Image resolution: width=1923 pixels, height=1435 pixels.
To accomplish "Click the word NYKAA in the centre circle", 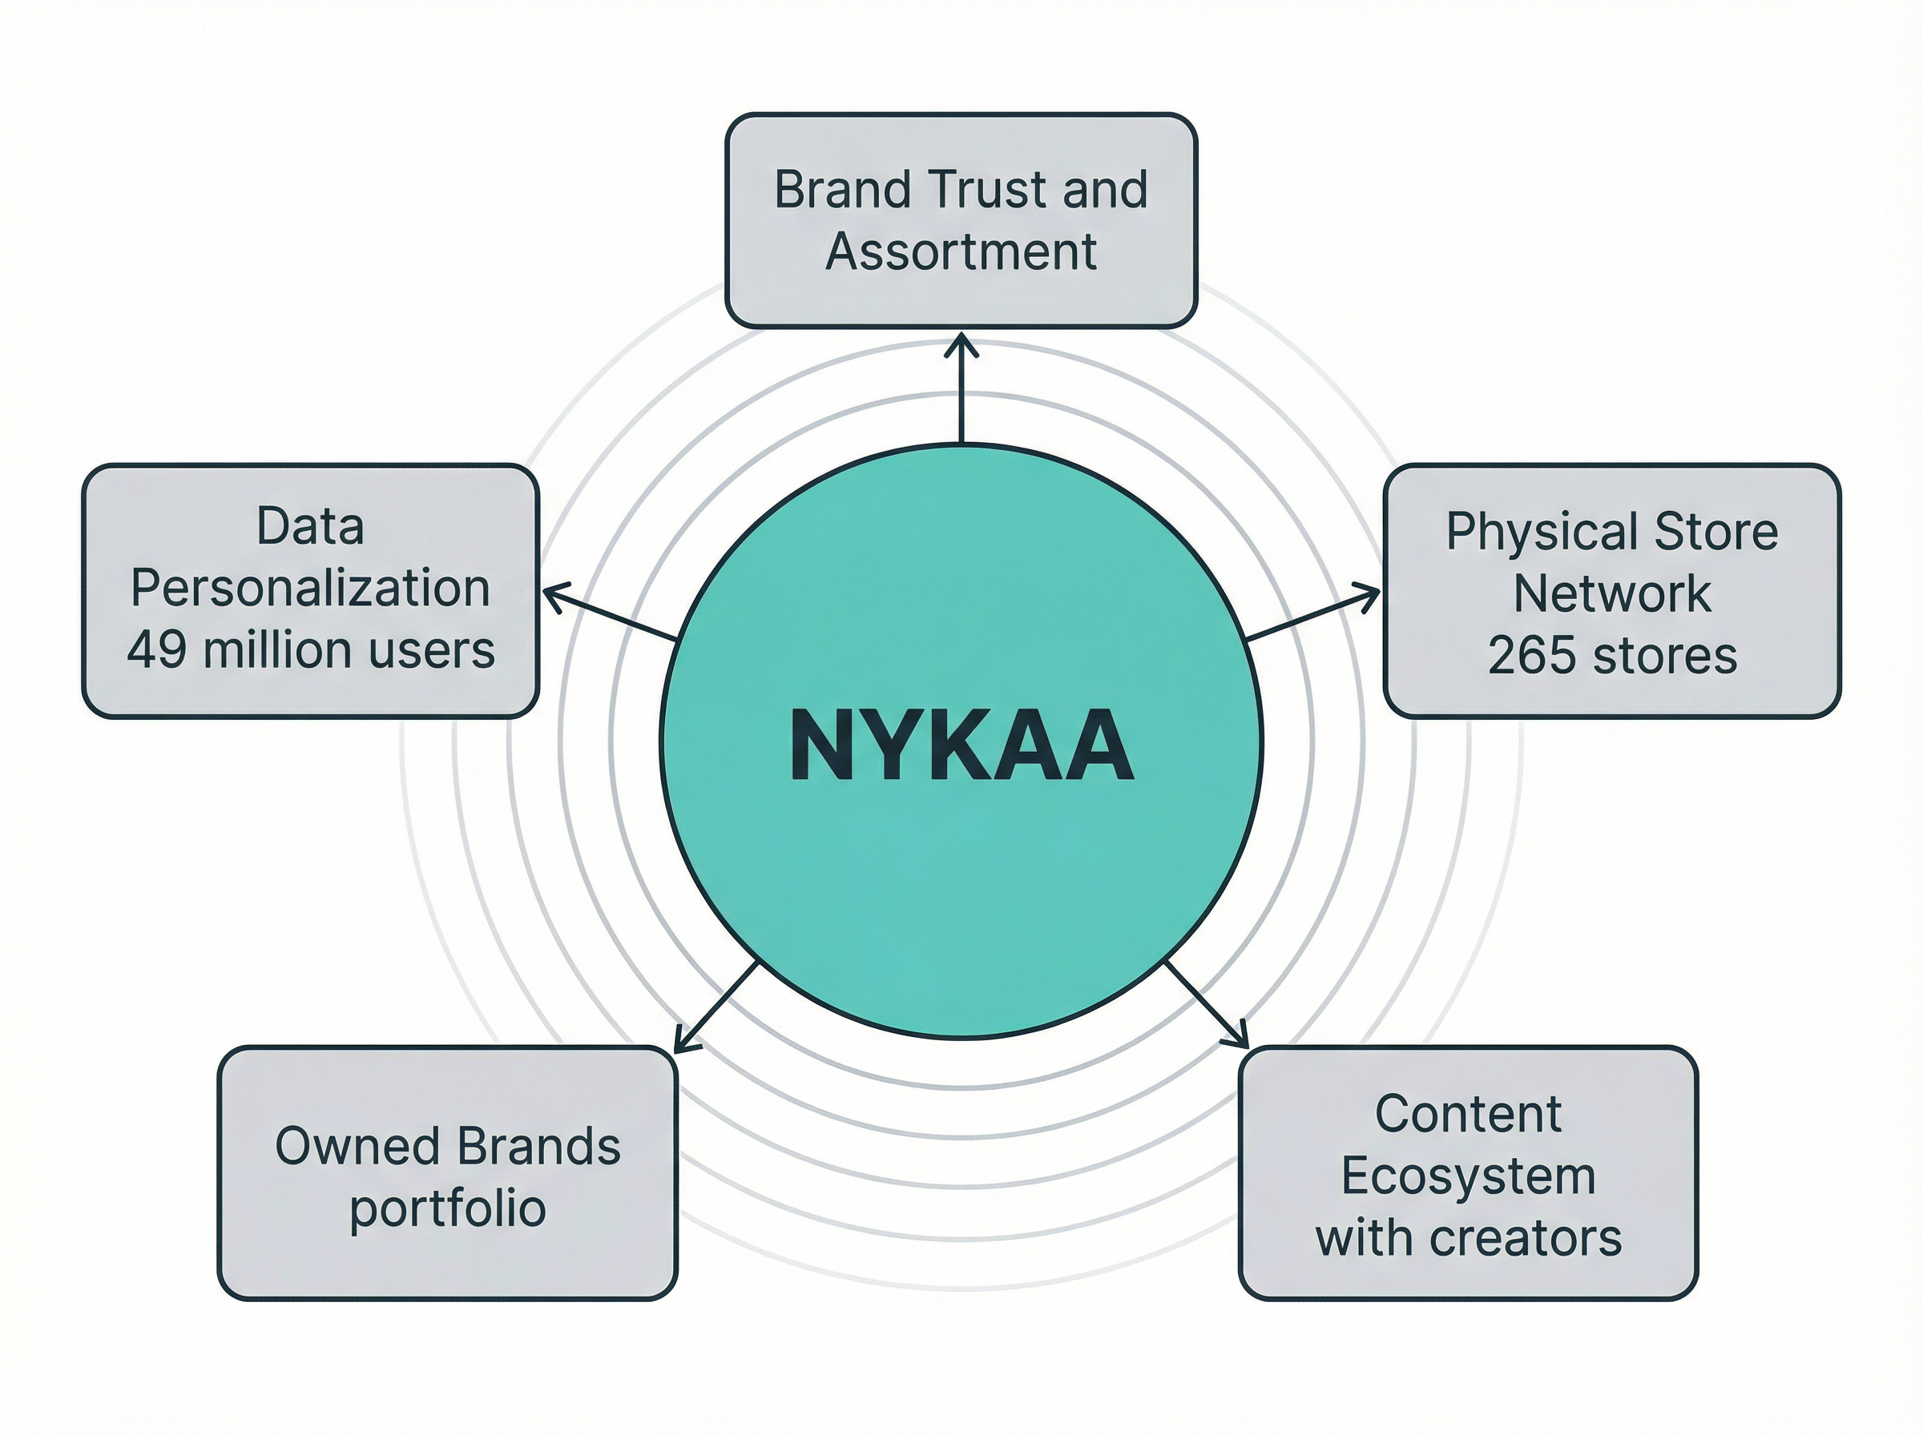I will tap(961, 746).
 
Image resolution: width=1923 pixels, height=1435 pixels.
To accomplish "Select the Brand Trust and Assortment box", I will tap(961, 221).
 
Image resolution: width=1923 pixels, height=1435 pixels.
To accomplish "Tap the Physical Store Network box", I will tap(1612, 592).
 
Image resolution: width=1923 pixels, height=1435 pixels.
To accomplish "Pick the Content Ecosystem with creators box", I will tap(1468, 1173).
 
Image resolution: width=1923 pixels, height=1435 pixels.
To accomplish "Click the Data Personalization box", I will tap(310, 591).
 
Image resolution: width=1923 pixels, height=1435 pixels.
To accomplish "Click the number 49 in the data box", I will tap(156, 649).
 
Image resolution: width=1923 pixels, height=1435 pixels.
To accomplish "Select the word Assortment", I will tap(961, 252).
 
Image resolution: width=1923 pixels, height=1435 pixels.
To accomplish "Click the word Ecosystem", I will tap(1468, 1176).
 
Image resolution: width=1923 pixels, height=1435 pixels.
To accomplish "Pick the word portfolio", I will tap(448, 1208).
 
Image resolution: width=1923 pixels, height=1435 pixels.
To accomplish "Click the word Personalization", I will tap(310, 588).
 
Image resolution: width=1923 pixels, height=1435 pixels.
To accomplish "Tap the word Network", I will tap(1612, 593).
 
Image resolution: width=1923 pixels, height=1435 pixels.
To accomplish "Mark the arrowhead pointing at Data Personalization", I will tap(549, 593).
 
